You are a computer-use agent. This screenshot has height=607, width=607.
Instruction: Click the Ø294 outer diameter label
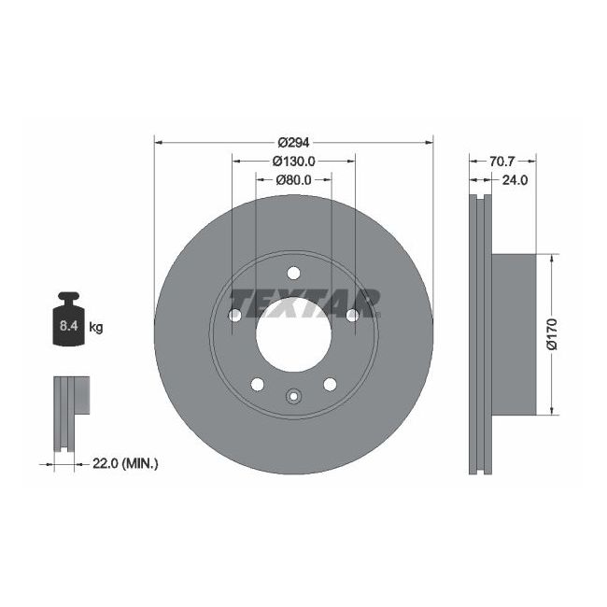292,142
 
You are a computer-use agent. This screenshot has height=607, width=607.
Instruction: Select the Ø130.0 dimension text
293,161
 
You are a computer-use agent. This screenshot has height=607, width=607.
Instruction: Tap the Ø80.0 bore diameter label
293,180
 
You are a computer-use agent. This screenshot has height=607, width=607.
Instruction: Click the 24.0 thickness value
515,180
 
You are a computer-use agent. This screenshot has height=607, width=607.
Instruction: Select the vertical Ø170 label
552,335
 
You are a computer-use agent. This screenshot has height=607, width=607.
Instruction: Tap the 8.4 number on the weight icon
68,327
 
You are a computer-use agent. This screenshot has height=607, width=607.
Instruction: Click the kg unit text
95,327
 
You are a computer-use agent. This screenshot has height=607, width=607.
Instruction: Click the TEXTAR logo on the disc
304,302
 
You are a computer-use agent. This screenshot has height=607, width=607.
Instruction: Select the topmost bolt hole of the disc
293,274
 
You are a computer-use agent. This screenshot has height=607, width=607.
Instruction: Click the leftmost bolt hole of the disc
234,316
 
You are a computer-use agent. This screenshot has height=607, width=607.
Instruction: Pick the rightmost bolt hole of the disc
352,316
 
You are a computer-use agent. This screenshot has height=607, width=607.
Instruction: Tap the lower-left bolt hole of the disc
257,385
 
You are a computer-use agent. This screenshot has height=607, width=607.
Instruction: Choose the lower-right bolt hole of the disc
330,385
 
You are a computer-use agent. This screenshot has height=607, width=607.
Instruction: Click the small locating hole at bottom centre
293,397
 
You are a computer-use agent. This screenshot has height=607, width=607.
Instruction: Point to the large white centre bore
293,336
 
